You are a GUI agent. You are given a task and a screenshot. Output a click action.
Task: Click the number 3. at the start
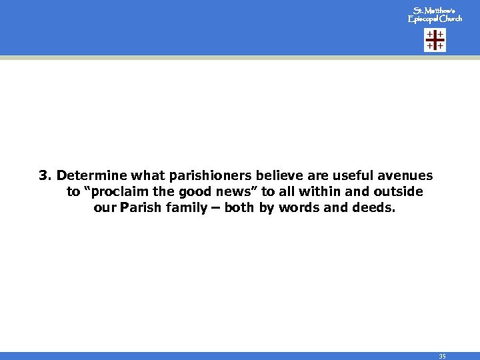pos(45,176)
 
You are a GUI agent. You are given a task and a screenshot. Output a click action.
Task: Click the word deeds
pos(374,208)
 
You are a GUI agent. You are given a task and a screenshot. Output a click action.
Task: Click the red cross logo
pos(435,41)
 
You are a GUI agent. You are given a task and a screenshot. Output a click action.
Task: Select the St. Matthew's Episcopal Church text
pos(435,15)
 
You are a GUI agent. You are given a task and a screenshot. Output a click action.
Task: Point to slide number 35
pos(441,356)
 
